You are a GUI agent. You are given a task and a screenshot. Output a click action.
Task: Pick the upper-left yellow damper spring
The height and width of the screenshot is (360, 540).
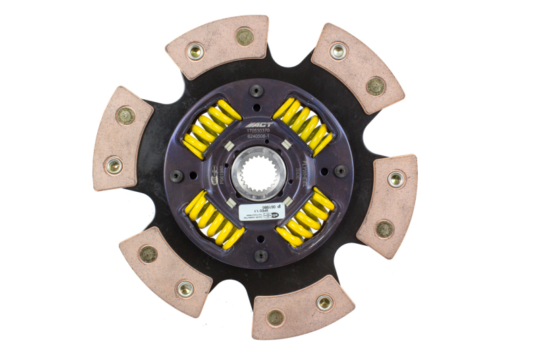209,128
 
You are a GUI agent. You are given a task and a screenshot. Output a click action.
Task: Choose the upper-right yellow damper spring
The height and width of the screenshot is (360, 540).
303,126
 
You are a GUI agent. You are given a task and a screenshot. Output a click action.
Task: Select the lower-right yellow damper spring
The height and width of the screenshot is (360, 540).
306,216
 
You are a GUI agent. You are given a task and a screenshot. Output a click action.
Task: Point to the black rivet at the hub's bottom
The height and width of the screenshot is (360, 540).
261,255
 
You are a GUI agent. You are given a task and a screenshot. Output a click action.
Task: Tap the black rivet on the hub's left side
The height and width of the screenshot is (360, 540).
175,175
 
